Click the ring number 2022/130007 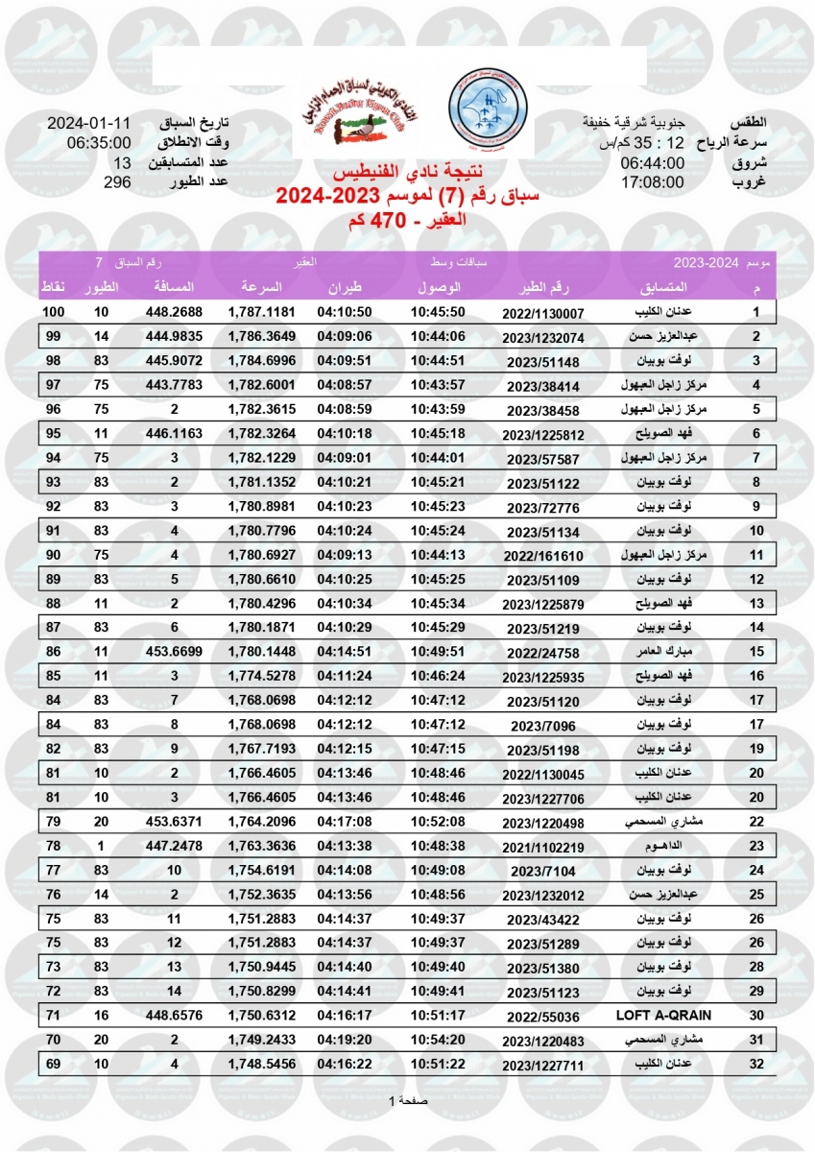click(x=542, y=314)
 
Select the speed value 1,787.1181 click(x=261, y=313)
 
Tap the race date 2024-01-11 click(x=88, y=125)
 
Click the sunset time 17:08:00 click(x=652, y=181)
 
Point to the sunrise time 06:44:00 click(x=652, y=163)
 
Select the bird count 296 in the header click(x=116, y=181)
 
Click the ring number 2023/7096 click(x=542, y=727)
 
